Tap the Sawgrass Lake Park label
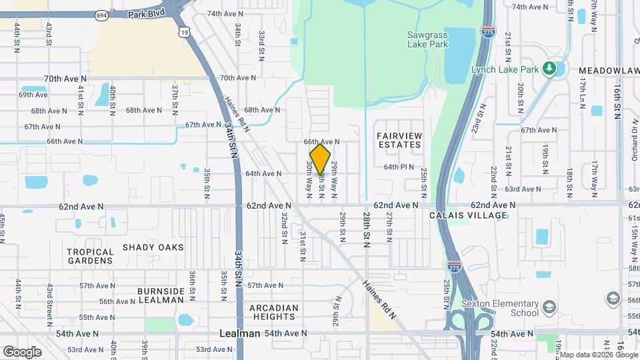(x=427, y=39)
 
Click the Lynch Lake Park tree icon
(x=549, y=68)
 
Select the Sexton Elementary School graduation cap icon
(x=549, y=307)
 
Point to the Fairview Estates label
(x=400, y=140)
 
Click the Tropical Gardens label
(x=90, y=257)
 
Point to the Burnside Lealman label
(x=161, y=295)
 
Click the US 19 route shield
(x=184, y=31)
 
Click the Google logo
(x=22, y=351)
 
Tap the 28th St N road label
(x=367, y=231)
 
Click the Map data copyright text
(x=598, y=355)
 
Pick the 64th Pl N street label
(x=399, y=167)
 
